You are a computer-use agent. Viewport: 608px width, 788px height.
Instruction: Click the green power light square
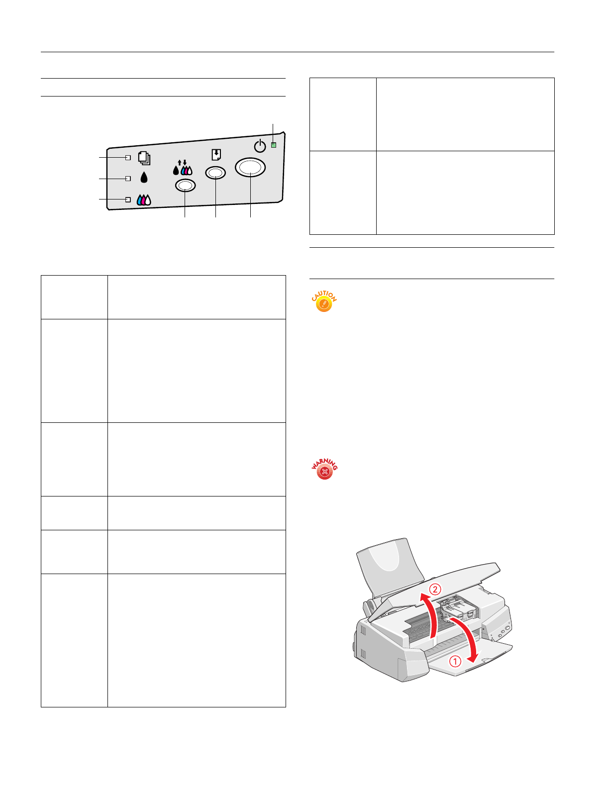(x=274, y=145)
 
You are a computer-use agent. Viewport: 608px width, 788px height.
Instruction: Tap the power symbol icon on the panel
(x=260, y=146)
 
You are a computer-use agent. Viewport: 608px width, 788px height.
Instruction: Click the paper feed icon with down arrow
(x=216, y=155)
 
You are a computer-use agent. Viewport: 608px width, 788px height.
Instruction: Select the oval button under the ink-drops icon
(x=185, y=186)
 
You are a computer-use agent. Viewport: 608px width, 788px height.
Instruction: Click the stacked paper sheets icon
(x=144, y=158)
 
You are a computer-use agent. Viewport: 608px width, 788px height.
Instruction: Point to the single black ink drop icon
(x=144, y=178)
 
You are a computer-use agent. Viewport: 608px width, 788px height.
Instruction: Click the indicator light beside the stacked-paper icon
(x=128, y=158)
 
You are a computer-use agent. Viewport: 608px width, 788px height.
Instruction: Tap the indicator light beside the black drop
(x=128, y=178)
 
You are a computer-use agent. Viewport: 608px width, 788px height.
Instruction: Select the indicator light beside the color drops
(x=128, y=199)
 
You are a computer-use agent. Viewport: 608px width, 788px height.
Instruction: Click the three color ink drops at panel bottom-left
(x=144, y=200)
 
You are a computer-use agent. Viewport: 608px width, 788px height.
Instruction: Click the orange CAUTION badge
(x=324, y=302)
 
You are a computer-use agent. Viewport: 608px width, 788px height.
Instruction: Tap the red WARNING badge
(x=324, y=470)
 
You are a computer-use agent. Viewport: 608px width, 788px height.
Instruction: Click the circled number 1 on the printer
(x=455, y=661)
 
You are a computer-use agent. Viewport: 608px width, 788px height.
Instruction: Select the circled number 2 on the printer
(x=435, y=589)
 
